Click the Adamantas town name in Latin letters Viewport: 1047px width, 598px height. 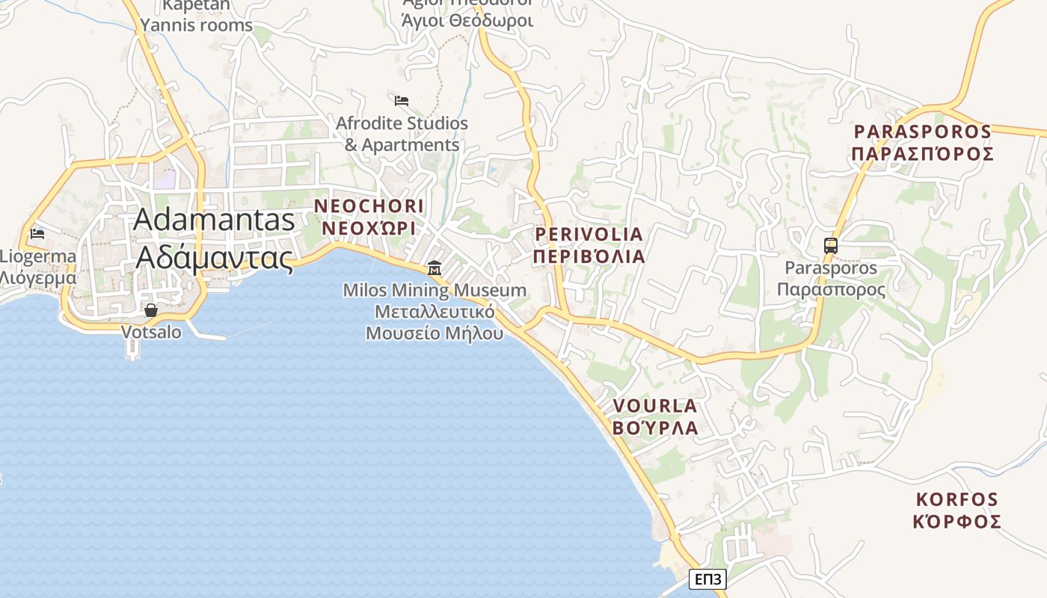[x=215, y=220]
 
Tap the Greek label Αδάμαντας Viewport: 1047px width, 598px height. [x=215, y=257]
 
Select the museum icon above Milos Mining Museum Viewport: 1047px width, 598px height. [x=434, y=268]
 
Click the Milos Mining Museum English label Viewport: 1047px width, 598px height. [x=435, y=290]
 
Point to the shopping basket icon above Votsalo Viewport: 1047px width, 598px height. [x=151, y=309]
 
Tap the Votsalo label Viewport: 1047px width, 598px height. [x=151, y=332]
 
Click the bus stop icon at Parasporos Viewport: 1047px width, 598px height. [x=830, y=245]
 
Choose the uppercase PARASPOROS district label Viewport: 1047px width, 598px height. [x=923, y=132]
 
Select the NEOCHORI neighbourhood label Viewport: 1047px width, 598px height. [x=369, y=206]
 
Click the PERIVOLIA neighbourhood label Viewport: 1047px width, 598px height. [x=589, y=235]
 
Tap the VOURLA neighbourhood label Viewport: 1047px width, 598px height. [x=655, y=406]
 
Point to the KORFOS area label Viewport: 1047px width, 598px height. [x=957, y=499]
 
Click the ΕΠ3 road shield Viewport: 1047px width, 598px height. [x=707, y=579]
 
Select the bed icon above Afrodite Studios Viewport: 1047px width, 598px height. [x=402, y=100]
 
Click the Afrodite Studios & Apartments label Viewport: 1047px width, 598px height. [x=402, y=134]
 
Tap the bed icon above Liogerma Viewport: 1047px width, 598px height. [x=37, y=234]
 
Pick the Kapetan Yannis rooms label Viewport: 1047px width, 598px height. [x=197, y=15]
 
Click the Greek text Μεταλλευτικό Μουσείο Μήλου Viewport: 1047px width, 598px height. [x=435, y=322]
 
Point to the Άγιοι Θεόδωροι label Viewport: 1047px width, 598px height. [x=467, y=19]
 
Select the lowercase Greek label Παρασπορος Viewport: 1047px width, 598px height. [x=830, y=290]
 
